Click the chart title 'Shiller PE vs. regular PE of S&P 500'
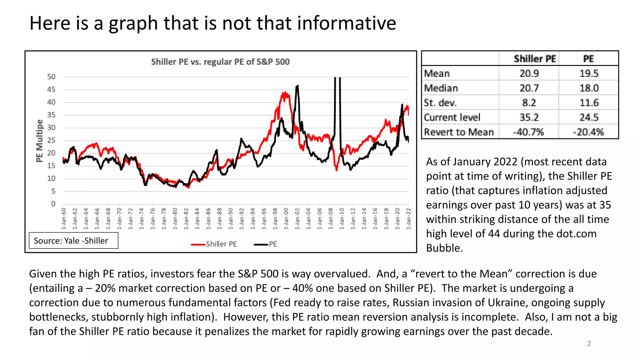[x=220, y=62]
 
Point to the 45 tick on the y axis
[x=51, y=90]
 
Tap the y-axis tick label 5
[x=53, y=191]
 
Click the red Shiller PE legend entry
[x=214, y=244]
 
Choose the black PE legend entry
[x=266, y=244]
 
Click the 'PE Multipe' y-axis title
[x=39, y=141]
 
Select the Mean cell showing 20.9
[x=529, y=73]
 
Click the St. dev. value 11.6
[x=589, y=103]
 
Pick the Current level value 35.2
[x=529, y=117]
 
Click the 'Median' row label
[x=441, y=88]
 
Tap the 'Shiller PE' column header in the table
[x=535, y=59]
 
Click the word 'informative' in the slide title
[x=347, y=23]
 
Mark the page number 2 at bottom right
[x=589, y=344]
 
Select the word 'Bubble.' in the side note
[x=444, y=248]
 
